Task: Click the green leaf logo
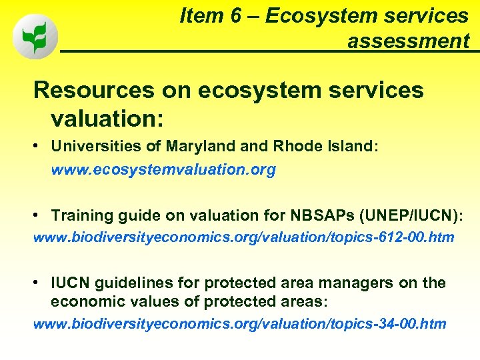tap(35, 37)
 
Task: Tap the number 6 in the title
tap(241, 16)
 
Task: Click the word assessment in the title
tap(408, 41)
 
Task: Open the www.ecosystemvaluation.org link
tap(163, 170)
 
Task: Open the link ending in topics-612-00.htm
tap(243, 237)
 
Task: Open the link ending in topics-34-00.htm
tap(239, 324)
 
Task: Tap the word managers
tap(363, 283)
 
